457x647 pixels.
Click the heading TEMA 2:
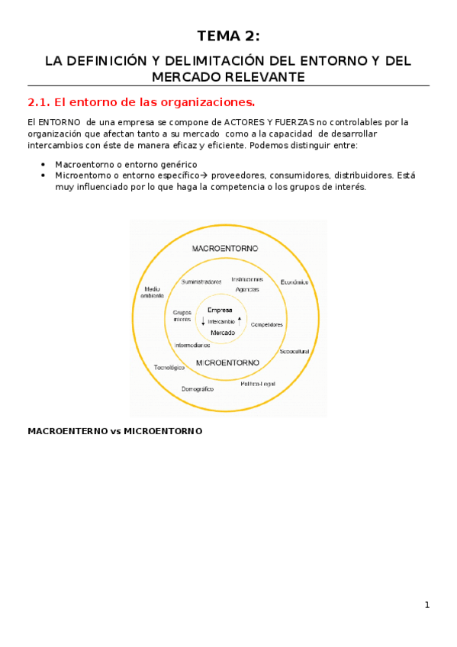tap(228, 36)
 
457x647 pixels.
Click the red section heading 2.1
tap(141, 101)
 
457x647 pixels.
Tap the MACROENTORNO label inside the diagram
tap(225, 248)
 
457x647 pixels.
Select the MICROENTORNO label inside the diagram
tap(227, 362)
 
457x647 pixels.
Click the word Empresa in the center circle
tap(220, 310)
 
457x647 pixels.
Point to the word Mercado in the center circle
tap(222, 333)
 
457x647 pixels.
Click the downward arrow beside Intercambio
tap(203, 321)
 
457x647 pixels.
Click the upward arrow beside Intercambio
tap(240, 320)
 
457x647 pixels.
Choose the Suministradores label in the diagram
tap(201, 282)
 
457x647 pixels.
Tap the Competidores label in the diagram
tap(266, 324)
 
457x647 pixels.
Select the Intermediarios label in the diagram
tap(192, 345)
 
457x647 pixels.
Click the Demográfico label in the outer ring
tap(198, 389)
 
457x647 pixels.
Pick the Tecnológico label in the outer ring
tap(169, 367)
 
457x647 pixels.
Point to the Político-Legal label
tap(258, 383)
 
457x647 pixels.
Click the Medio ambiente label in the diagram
tap(151, 291)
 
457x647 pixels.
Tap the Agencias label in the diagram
tap(247, 289)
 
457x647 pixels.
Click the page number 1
tap(427, 605)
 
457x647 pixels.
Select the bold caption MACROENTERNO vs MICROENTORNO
tap(114, 431)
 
